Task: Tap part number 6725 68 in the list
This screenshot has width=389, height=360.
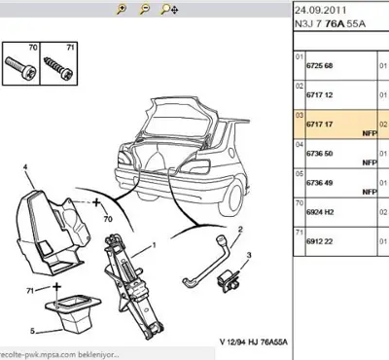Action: point(321,65)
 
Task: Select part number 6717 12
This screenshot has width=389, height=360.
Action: point(321,94)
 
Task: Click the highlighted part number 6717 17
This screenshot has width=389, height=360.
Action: point(321,124)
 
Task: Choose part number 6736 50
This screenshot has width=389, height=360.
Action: point(321,153)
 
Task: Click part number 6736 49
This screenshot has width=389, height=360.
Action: point(321,182)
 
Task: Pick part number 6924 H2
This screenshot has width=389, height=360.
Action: point(321,211)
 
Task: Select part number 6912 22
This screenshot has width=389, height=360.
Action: point(321,240)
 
